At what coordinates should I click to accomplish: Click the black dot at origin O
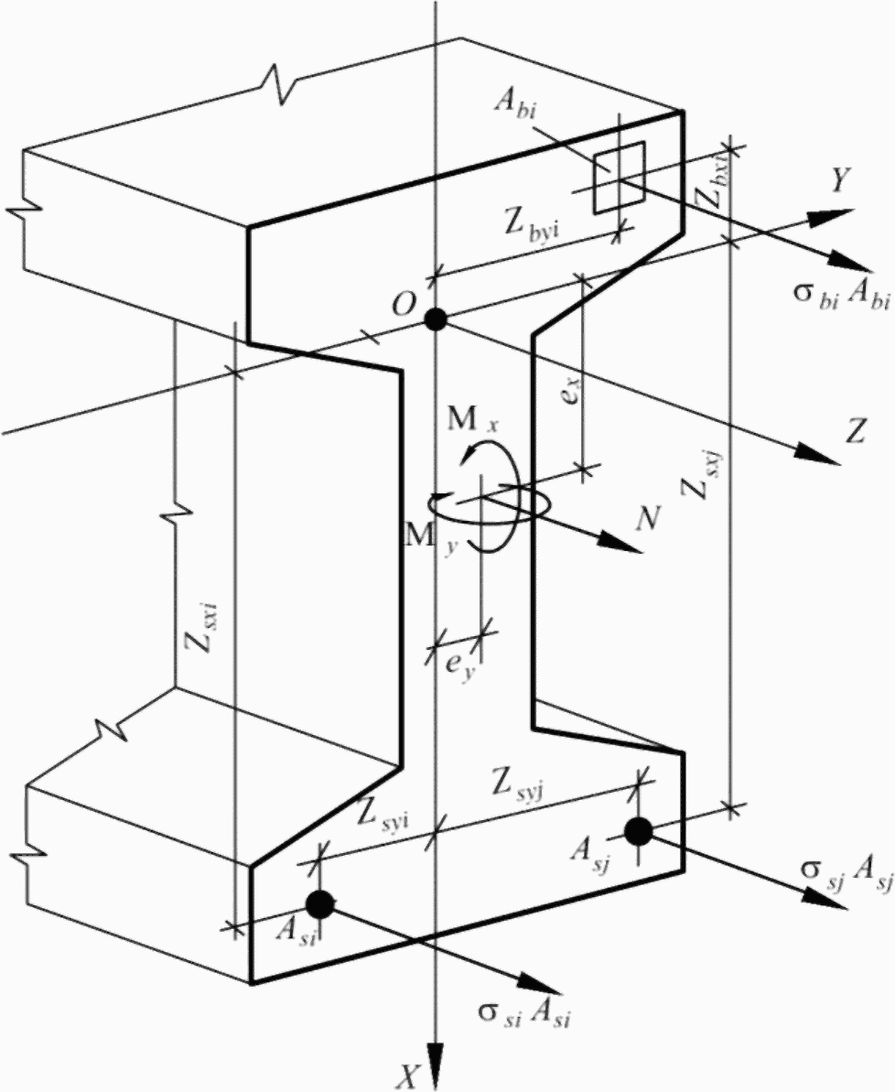pyautogui.click(x=435, y=319)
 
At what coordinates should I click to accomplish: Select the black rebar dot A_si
pyautogui.click(x=319, y=903)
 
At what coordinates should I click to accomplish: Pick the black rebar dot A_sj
pyautogui.click(x=638, y=831)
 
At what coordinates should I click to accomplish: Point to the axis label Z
pyautogui.click(x=856, y=434)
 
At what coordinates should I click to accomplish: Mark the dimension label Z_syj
pyautogui.click(x=520, y=784)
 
